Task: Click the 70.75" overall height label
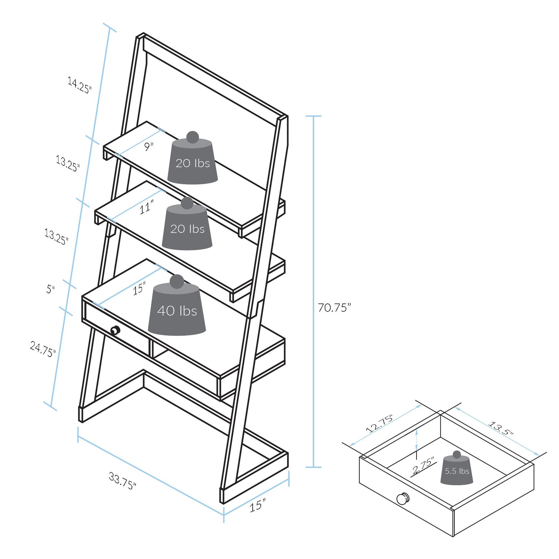coord(334,307)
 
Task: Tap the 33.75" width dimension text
coord(123,481)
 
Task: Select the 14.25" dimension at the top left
coord(79,85)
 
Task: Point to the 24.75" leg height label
coord(43,349)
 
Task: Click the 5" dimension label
coord(51,289)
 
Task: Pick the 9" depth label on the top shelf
coord(149,146)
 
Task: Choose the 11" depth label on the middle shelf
coord(146,207)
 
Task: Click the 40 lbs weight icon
coord(177,305)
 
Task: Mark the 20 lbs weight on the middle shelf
coord(187,224)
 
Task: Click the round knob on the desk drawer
coord(115,330)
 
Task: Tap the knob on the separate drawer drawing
coord(403,498)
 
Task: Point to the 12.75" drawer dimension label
coord(379,424)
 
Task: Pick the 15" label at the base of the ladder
coord(258,505)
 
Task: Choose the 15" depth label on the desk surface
coord(139,288)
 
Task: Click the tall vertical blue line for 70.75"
coord(314,291)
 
